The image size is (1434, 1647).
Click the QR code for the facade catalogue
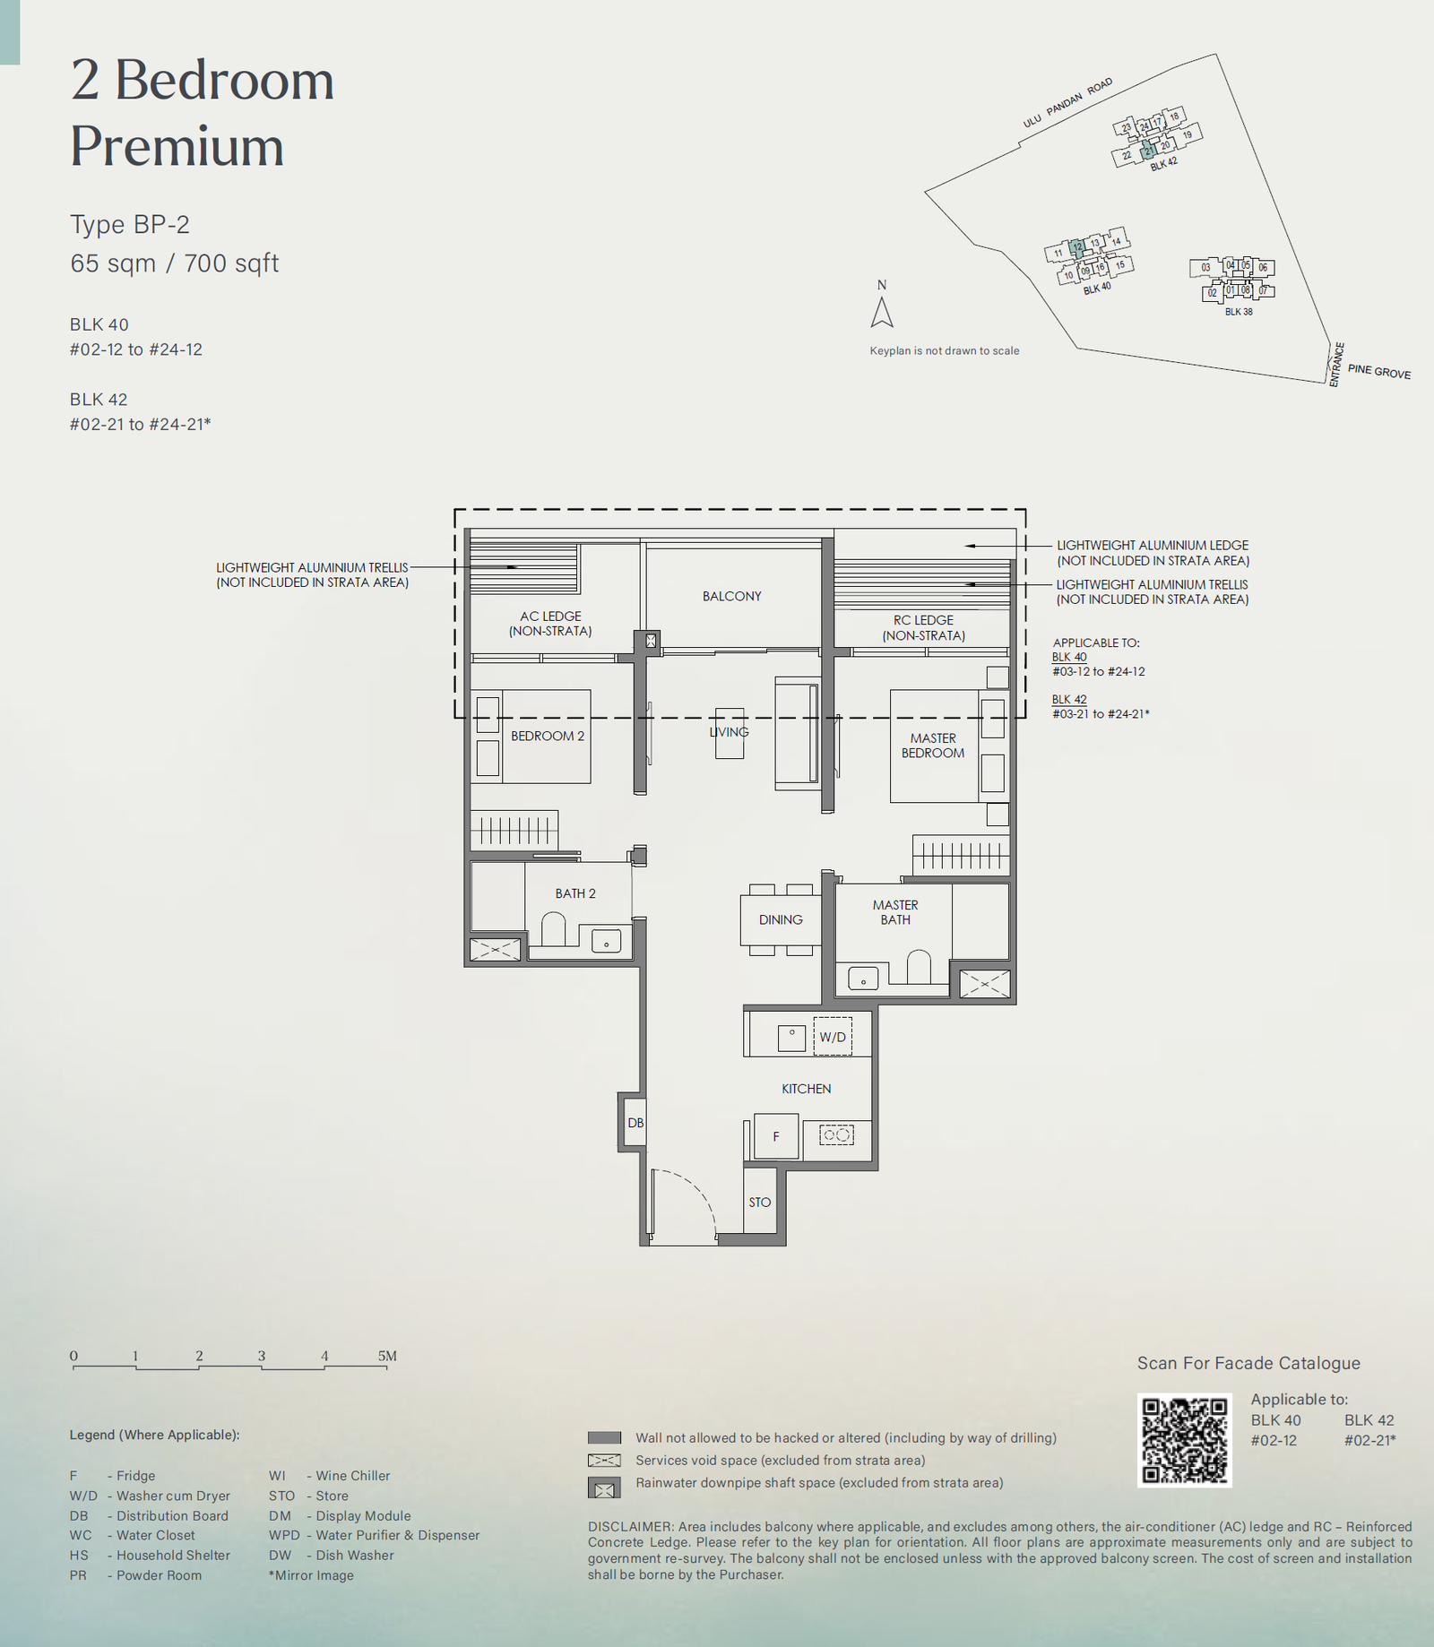point(1184,1440)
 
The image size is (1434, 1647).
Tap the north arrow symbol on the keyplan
point(882,312)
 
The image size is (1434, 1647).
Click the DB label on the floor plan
point(635,1123)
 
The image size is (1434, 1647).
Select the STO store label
point(759,1202)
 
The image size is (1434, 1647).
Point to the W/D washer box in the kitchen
point(833,1037)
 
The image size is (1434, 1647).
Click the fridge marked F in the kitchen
point(776,1136)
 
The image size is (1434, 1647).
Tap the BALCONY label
point(731,596)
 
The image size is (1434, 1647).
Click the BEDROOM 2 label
point(547,736)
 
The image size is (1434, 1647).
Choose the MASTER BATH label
point(895,912)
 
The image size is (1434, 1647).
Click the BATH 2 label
point(575,893)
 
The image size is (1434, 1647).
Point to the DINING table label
point(781,919)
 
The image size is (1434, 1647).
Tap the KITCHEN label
point(806,1089)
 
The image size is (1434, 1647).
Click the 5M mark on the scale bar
point(387,1356)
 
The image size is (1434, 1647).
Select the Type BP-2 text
point(130,224)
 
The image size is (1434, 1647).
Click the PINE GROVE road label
point(1379,371)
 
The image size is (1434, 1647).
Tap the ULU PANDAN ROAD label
point(1067,102)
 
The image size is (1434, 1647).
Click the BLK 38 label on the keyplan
point(1239,311)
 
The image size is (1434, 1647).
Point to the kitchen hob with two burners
point(836,1135)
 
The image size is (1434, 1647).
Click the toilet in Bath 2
point(554,929)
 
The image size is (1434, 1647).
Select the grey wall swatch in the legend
point(604,1437)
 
